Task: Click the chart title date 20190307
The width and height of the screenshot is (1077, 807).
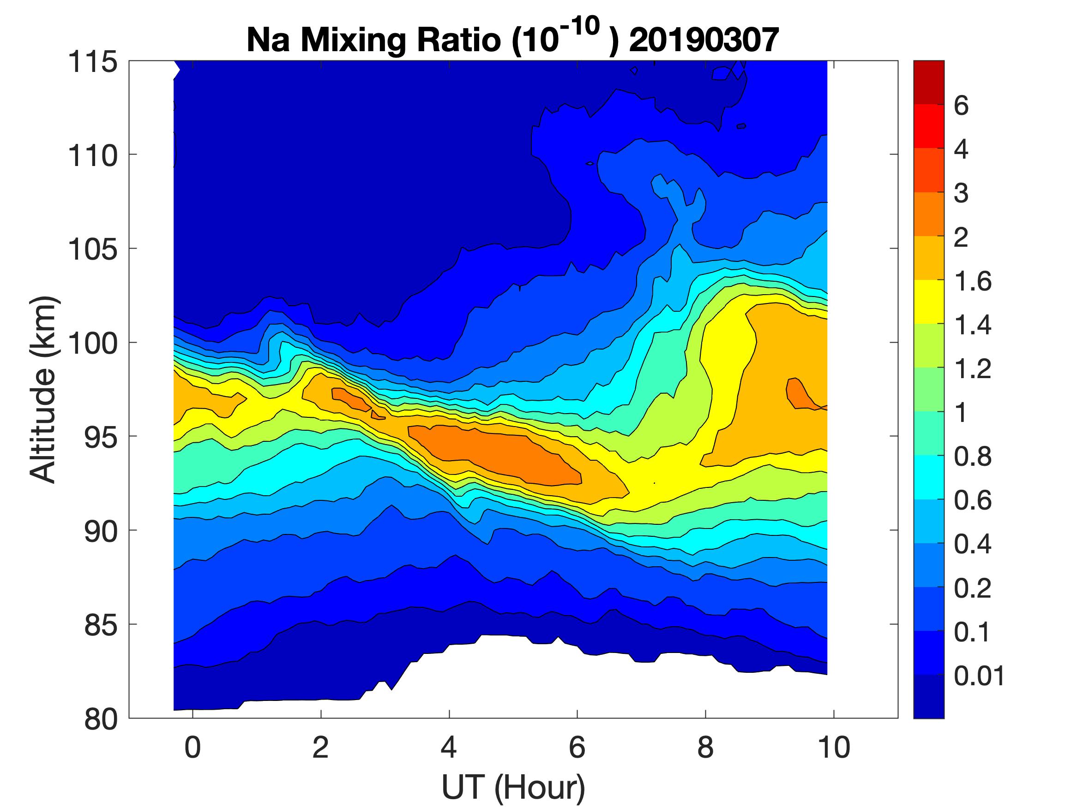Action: [x=704, y=40]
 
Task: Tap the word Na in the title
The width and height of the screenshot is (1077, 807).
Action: [x=268, y=40]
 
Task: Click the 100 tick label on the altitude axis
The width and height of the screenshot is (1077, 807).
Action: [x=92, y=343]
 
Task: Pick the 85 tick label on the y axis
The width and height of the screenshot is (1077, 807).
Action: [x=101, y=624]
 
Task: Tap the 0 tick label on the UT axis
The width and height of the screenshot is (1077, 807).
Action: [x=193, y=748]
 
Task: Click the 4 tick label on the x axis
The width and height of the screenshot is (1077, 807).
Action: [x=449, y=748]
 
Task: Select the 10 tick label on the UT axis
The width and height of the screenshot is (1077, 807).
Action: [x=834, y=748]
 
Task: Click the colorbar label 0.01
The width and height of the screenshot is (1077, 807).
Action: [x=979, y=676]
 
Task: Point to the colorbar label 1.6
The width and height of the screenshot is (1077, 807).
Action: [x=972, y=281]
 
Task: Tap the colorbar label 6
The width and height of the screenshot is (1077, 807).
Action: [x=961, y=106]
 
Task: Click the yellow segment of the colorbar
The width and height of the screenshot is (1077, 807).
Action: [x=928, y=302]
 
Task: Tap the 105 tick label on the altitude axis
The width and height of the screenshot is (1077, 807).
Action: [x=92, y=249]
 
